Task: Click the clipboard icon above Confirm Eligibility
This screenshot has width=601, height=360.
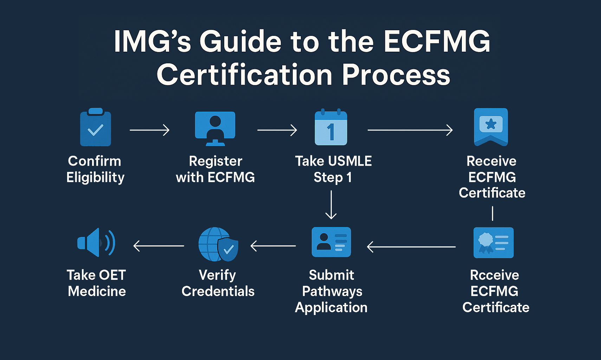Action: coord(96,127)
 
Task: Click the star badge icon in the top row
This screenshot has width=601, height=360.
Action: coord(491,127)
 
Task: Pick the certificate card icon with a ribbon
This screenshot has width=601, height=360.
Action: coord(493,243)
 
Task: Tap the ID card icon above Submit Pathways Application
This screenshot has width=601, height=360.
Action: coord(331,242)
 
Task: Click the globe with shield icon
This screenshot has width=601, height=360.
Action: coord(218,244)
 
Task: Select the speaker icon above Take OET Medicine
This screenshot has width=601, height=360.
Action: coord(96,243)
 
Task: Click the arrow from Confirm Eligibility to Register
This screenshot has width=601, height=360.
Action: coord(149,130)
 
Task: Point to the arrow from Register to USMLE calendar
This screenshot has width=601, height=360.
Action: coord(277,130)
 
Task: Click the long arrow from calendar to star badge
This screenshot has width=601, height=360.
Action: coord(410,130)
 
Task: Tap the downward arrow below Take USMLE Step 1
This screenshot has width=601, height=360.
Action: coord(331,205)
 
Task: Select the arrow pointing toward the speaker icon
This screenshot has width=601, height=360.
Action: coord(159,246)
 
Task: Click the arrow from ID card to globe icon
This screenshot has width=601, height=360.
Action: coord(273,246)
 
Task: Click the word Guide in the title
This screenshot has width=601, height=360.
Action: coord(240,41)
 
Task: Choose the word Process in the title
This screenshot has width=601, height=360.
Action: coord(396,75)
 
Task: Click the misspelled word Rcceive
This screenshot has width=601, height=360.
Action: coord(495,275)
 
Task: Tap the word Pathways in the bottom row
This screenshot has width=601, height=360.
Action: coord(332,291)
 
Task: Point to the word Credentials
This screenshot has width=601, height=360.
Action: coord(218,291)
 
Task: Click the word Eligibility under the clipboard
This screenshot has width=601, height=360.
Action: coord(95,178)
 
